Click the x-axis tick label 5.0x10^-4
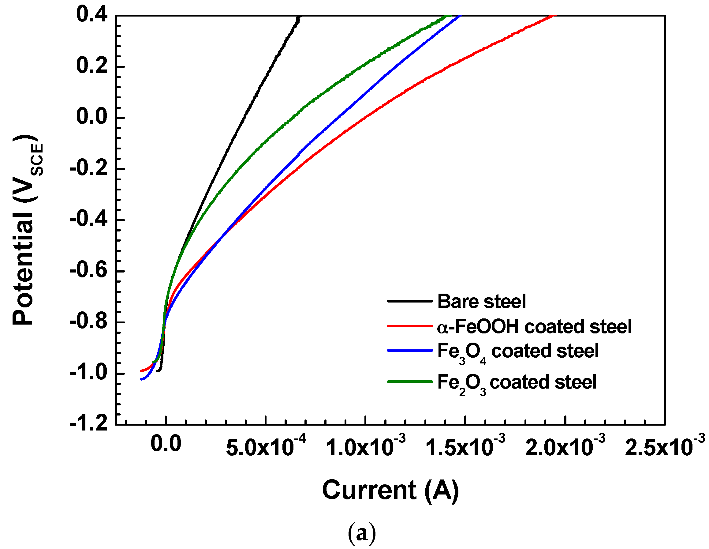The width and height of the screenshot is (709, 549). coord(266,447)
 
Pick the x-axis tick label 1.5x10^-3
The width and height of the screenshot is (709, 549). coord(465,447)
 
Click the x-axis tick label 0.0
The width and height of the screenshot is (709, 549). coord(166,444)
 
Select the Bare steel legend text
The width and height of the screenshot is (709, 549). coord(481,302)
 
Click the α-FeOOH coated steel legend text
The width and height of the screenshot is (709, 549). coord(534,326)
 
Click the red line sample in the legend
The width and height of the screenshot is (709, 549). coord(410,325)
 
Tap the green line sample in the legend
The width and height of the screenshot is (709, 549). coord(410,382)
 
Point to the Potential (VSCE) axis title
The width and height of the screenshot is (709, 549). coord(26,230)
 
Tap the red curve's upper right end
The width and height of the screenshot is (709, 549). coord(554,16)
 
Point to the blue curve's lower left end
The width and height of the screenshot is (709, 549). coord(141,379)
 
